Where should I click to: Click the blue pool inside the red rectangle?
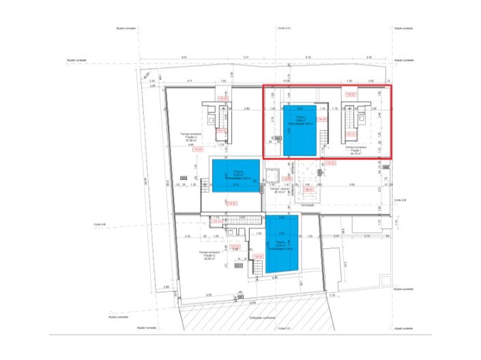coord(299,130)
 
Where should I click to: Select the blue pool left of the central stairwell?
coord(235,176)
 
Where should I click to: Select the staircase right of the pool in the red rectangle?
coord(351,123)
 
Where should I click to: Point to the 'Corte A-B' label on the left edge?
coord(100,224)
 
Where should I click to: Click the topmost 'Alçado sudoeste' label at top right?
coord(403,29)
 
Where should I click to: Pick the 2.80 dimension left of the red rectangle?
coord(246,108)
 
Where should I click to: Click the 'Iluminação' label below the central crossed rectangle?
coord(308,204)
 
